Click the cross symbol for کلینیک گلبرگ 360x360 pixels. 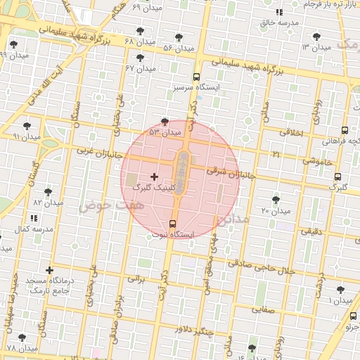(x=155, y=176)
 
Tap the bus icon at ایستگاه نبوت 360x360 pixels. (x=174, y=224)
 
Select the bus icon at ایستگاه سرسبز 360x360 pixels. (x=195, y=78)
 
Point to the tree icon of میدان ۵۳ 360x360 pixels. (x=165, y=122)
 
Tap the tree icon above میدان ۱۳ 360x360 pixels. (x=316, y=37)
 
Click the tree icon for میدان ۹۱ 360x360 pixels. (x=27, y=126)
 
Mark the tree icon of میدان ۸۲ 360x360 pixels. (x=48, y=192)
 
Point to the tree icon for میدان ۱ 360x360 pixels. (x=341, y=290)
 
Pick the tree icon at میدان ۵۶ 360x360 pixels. (x=178, y=37)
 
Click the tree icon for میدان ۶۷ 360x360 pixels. (x=140, y=58)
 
